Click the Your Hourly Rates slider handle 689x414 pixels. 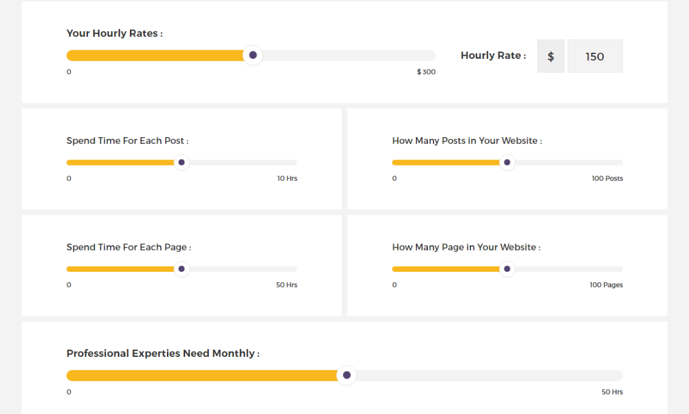[253, 55]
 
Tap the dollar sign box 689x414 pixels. [551, 56]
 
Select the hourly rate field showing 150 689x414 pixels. [594, 56]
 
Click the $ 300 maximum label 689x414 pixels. [426, 72]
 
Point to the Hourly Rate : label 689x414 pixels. [493, 56]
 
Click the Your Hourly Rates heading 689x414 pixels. [114, 34]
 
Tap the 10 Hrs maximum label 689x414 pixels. [287, 178]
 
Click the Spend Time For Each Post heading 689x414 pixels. [127, 141]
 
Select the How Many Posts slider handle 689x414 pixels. [507, 163]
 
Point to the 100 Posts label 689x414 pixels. [607, 178]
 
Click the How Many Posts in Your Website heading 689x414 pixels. [466, 141]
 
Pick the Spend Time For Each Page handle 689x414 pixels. [182, 269]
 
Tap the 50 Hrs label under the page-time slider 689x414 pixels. [287, 285]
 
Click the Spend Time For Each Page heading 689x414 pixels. [128, 248]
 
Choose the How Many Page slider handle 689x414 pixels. [507, 269]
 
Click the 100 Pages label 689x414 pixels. [606, 285]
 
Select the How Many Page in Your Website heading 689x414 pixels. [466, 248]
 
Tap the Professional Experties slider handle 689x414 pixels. [347, 375]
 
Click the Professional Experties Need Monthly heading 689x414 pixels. [163, 354]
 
